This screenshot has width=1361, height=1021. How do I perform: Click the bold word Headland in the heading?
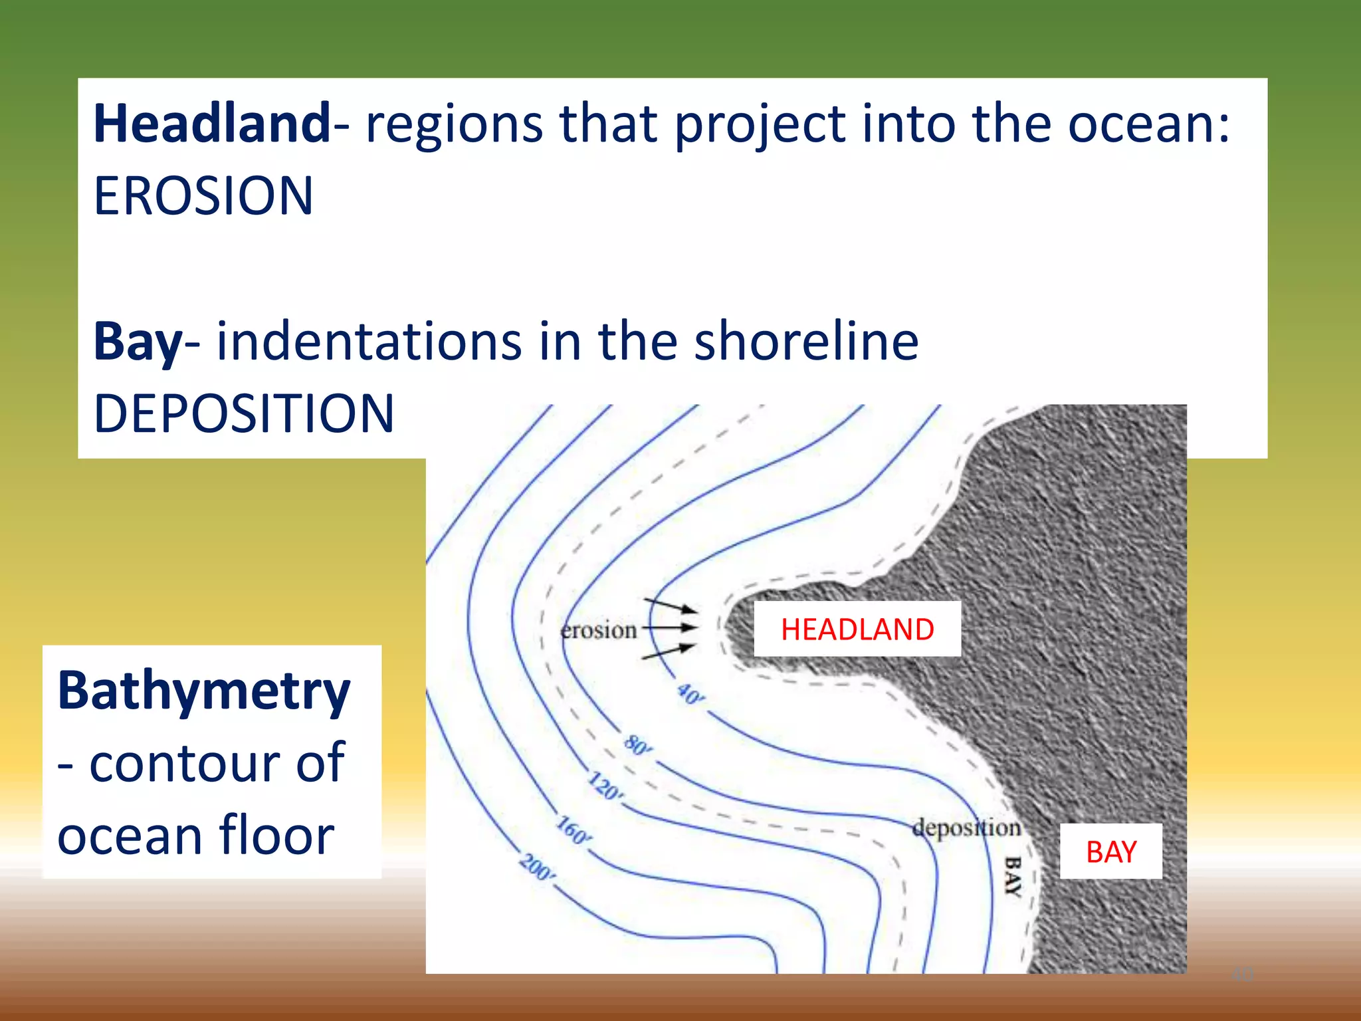211,124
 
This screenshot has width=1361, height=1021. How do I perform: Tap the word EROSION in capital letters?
203,196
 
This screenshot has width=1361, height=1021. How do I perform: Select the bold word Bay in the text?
138,342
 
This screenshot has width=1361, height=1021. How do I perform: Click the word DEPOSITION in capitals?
244,413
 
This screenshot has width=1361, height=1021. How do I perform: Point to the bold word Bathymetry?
203,691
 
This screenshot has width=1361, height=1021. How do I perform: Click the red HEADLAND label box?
857,629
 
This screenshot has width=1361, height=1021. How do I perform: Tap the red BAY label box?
1110,851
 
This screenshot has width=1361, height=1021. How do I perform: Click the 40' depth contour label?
691,695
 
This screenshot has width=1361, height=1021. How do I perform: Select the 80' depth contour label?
638,745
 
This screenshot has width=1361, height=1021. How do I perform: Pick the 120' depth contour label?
605,787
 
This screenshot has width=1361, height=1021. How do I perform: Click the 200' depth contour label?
537,867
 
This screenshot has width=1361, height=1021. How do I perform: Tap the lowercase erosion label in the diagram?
598,629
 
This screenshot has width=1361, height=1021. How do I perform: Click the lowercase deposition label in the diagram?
966,828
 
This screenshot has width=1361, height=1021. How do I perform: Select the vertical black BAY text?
1012,877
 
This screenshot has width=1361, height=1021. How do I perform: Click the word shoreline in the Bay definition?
806,342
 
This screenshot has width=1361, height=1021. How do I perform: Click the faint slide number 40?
1241,974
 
